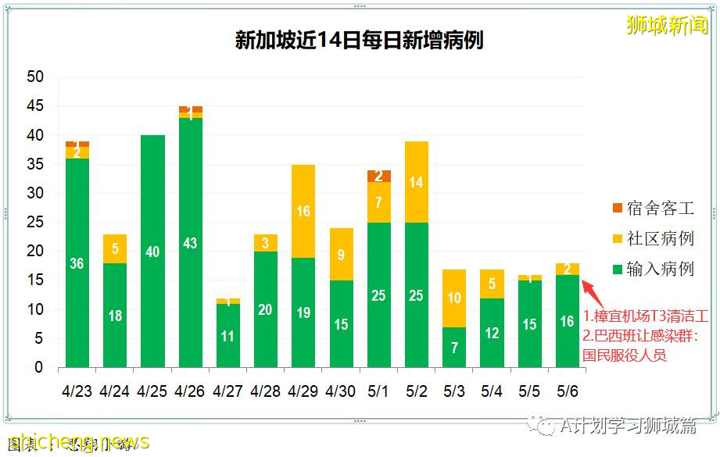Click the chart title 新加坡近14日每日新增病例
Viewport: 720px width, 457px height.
[x=360, y=40]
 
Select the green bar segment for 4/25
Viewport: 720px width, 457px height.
[x=152, y=251]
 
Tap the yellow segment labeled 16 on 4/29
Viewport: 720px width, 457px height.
[x=303, y=211]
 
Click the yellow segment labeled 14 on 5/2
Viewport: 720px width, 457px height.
[x=417, y=182]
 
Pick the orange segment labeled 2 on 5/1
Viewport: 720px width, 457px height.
[x=379, y=176]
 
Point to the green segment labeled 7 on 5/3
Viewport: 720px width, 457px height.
[x=454, y=347]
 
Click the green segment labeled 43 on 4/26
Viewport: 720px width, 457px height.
[x=191, y=243]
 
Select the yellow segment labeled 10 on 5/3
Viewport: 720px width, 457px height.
[x=454, y=298]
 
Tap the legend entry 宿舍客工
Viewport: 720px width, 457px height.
[x=653, y=209]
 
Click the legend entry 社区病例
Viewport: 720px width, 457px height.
[x=653, y=239]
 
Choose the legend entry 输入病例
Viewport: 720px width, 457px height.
[x=653, y=270]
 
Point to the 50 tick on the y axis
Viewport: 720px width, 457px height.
[x=35, y=77]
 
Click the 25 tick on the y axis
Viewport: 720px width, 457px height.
[x=35, y=223]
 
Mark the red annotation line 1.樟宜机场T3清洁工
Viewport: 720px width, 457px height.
[x=645, y=317]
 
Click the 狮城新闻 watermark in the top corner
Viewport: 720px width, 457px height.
[x=667, y=26]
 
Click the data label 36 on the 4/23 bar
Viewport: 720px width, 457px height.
[x=77, y=264]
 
